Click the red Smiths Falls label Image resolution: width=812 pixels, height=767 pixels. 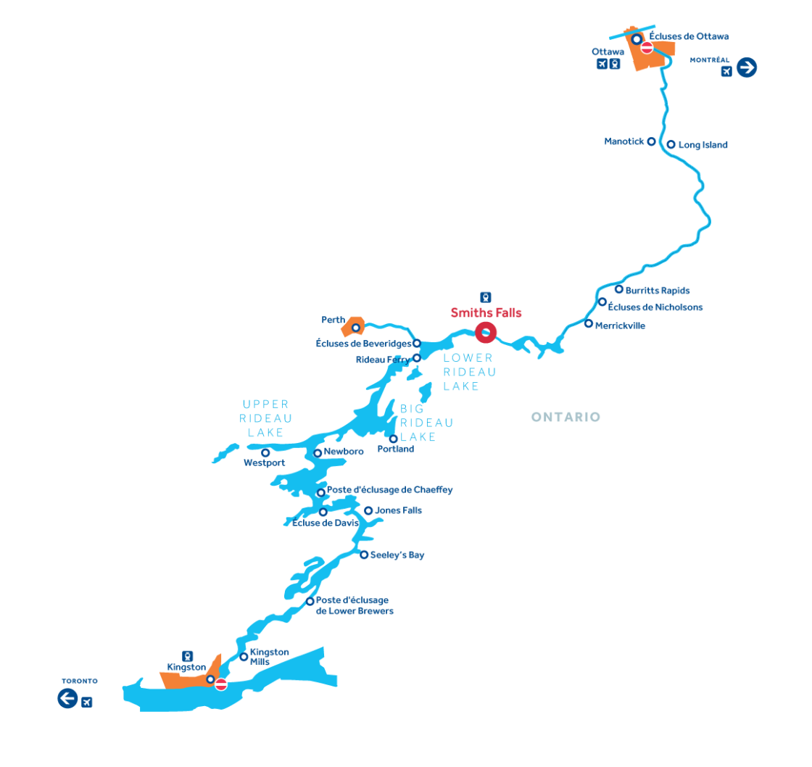pos(486,312)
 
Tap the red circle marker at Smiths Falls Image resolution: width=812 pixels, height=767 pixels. pos(486,333)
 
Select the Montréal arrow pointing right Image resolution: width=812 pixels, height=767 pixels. pos(747,67)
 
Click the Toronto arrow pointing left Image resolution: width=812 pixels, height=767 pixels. pos(68,698)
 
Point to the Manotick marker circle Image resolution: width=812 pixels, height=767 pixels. pos(652,141)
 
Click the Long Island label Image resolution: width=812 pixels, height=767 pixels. pos(703,145)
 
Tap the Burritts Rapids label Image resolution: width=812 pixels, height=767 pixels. pos(657,291)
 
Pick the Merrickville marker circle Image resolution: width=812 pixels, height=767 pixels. pos(588,323)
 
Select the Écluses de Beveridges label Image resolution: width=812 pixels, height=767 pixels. pos(363,344)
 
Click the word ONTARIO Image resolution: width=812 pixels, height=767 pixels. pos(565,417)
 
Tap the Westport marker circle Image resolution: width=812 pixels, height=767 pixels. pos(265,452)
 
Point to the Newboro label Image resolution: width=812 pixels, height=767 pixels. pos(344,452)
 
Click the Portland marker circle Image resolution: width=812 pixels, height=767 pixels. pos(393,439)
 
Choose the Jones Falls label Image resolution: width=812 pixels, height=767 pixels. pos(398,510)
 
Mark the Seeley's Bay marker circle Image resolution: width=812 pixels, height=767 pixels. pos(364,555)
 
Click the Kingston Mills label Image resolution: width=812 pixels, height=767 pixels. pos(269,657)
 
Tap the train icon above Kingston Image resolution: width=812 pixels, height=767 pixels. pos(188,656)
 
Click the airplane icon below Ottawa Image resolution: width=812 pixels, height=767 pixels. pos(602,64)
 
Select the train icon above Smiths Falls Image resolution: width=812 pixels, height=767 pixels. pos(485,297)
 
